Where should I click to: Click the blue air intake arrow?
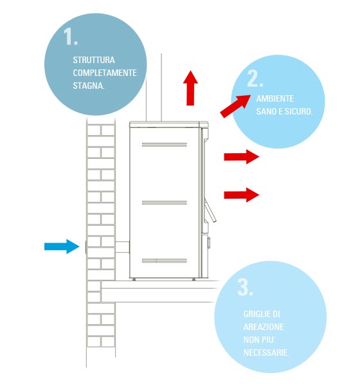coord(62,246)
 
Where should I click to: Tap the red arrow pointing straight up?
coord(190,88)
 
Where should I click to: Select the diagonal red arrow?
coord(235,105)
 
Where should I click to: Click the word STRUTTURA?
coord(94,60)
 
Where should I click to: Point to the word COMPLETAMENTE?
coord(105,73)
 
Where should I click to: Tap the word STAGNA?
coord(89,86)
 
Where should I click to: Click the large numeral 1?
coord(70,36)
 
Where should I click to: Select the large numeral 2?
coord(255,78)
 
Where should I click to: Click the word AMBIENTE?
coord(275,98)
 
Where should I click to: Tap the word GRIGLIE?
coord(255,314)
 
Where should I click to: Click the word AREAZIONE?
coord(264,327)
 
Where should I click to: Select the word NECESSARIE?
coord(266,352)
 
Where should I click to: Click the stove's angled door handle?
coord(210,210)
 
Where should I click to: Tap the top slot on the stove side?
coord(164,145)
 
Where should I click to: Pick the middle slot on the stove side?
coord(164,203)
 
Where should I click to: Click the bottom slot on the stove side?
coord(164,261)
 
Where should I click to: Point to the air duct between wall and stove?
coord(122,247)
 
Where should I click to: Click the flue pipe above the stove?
coord(154,87)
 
